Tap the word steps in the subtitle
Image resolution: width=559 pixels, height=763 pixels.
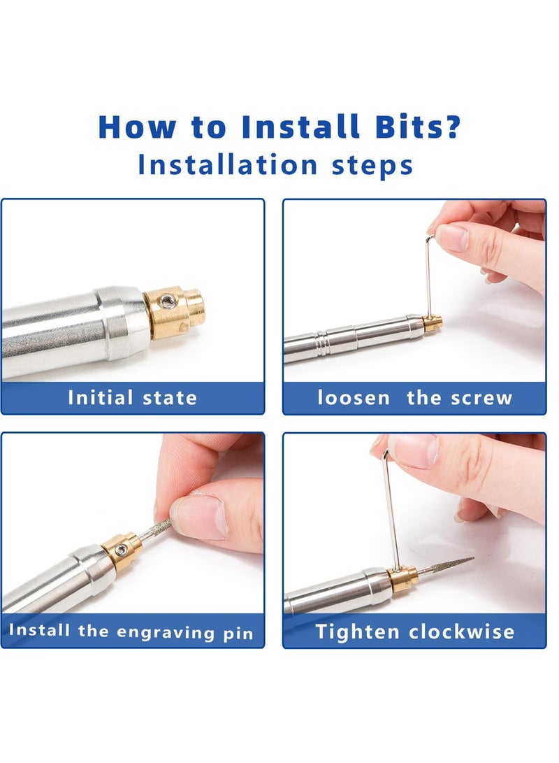click(x=372, y=165)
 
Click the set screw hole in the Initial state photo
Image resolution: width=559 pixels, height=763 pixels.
click(x=168, y=301)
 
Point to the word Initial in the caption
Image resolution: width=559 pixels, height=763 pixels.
click(x=100, y=397)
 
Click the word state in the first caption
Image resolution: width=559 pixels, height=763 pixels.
click(x=170, y=398)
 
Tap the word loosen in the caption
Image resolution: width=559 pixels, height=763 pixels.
click(x=354, y=397)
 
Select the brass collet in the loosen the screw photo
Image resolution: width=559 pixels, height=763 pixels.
click(x=433, y=322)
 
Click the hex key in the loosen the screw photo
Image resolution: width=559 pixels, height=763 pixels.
click(x=429, y=275)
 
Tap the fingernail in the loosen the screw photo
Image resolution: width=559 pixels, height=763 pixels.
click(x=451, y=238)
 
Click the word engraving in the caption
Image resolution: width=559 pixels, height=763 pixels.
click(x=166, y=632)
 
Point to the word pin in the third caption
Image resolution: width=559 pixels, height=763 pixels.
click(x=238, y=634)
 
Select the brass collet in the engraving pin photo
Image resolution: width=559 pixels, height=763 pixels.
click(x=122, y=550)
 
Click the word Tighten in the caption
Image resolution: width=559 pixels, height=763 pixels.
click(x=357, y=631)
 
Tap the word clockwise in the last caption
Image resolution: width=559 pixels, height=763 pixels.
click(x=461, y=632)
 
